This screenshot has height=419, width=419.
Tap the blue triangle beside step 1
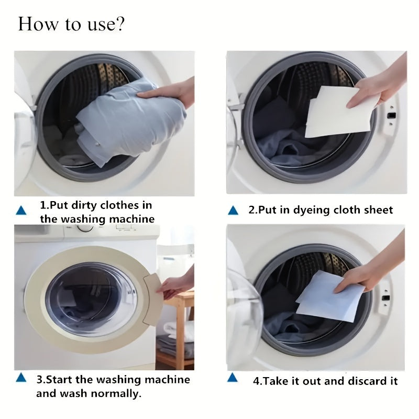21,211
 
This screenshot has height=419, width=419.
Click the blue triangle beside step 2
233,211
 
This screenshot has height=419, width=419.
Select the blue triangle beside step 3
21,378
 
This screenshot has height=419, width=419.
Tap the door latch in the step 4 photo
387,297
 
